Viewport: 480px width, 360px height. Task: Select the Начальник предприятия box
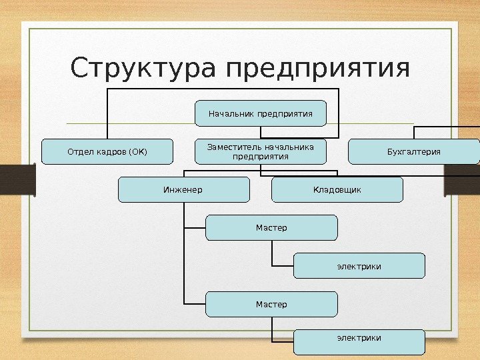(x=261, y=113)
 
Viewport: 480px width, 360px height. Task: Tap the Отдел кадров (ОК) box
(x=107, y=151)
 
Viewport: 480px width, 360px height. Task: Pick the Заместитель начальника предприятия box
(x=261, y=151)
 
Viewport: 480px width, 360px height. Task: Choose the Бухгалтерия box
(x=414, y=151)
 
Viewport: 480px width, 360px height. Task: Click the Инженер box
(x=183, y=190)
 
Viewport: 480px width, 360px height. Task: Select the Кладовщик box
(x=337, y=190)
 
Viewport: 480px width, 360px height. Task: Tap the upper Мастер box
(x=271, y=228)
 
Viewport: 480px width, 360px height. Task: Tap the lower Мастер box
(x=271, y=304)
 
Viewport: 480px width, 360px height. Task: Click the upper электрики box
(x=359, y=266)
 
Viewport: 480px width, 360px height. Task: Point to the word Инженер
(x=183, y=190)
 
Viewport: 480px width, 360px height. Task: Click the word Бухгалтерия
(x=414, y=151)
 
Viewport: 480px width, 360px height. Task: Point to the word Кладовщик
(x=337, y=190)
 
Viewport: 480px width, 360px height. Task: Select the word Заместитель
(x=235, y=147)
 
